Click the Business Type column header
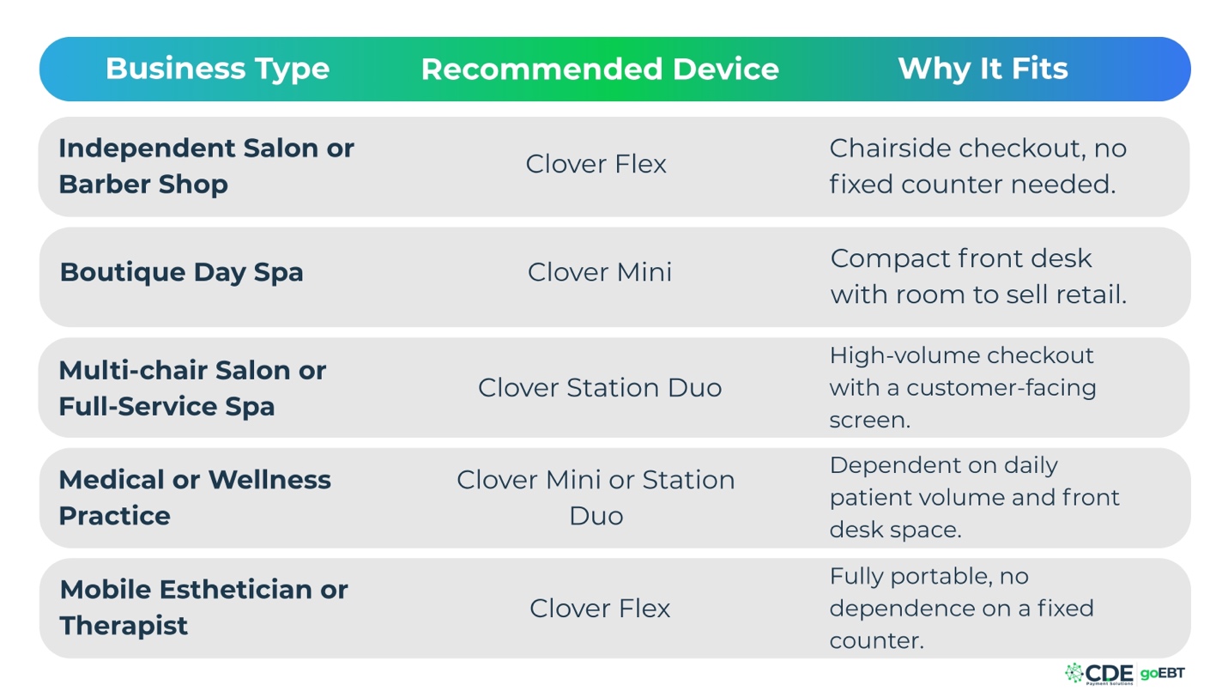pyautogui.click(x=218, y=70)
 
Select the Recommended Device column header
pyautogui.click(x=600, y=69)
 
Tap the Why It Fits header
pyautogui.click(x=983, y=69)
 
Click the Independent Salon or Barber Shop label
pyautogui.click(x=206, y=166)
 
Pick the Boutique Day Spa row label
pyautogui.click(x=181, y=273)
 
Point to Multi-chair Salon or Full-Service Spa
pyautogui.click(x=192, y=388)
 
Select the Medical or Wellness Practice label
pyautogui.click(x=195, y=497)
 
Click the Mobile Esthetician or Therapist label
pyautogui.click(x=203, y=608)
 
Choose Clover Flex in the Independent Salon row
pyautogui.click(x=596, y=164)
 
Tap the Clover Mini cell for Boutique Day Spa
pyautogui.click(x=600, y=272)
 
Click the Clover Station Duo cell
pyautogui.click(x=600, y=388)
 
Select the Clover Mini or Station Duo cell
pyautogui.click(x=596, y=497)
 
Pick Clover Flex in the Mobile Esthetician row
pyautogui.click(x=600, y=609)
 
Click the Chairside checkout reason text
pyautogui.click(x=978, y=166)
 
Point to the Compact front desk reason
pyautogui.click(x=978, y=276)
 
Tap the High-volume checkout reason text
pyautogui.click(x=963, y=388)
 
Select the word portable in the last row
pyautogui.click(x=942, y=577)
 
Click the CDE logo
pyautogui.click(x=1099, y=674)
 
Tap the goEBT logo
pyautogui.click(x=1162, y=673)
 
